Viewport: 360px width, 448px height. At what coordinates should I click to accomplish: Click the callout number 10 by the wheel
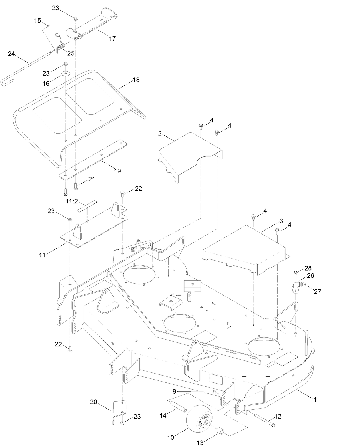click(171, 438)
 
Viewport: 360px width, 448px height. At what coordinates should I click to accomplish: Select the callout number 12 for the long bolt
click(278, 416)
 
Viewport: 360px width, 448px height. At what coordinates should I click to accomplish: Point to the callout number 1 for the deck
click(315, 400)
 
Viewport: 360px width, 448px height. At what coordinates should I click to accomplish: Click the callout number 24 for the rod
click(11, 54)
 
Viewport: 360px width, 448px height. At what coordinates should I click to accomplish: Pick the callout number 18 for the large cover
click(136, 80)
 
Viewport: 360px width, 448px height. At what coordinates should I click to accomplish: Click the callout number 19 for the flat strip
click(117, 171)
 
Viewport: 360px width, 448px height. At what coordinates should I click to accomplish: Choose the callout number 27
click(318, 292)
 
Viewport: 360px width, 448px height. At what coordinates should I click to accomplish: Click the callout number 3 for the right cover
click(281, 221)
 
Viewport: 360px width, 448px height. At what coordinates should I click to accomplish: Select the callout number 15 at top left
click(37, 21)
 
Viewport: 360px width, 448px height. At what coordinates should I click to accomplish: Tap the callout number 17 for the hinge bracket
click(112, 39)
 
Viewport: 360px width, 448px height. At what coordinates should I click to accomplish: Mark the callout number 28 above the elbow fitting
click(308, 268)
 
